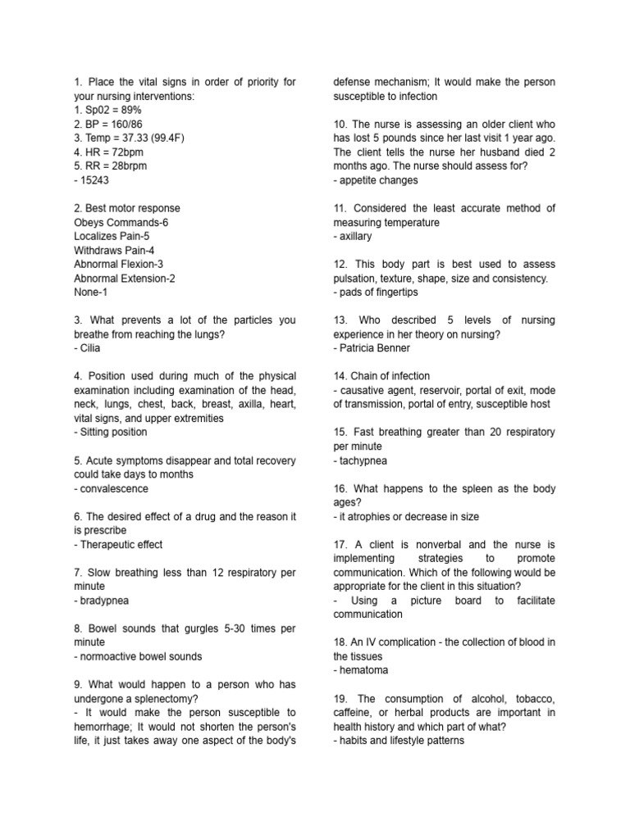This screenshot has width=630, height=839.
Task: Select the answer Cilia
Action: pyautogui.click(x=87, y=348)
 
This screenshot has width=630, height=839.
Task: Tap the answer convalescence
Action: pyautogui.click(x=112, y=488)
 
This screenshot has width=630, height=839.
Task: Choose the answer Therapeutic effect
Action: pyautogui.click(x=118, y=544)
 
